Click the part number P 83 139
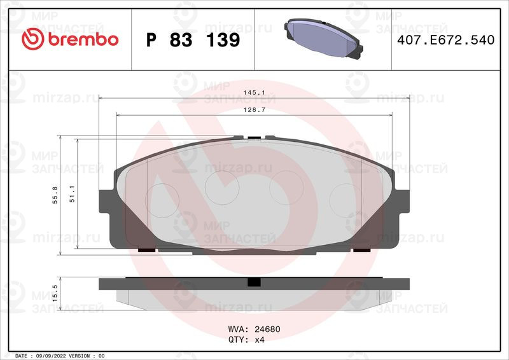[x=193, y=40]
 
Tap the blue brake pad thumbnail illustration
[x=323, y=39]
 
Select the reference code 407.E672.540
[x=446, y=40]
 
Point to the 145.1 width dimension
[x=254, y=92]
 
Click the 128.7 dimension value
[x=254, y=110]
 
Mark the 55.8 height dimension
[x=55, y=195]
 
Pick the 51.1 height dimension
[x=72, y=194]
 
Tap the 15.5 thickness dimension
[x=55, y=293]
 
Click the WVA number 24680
[x=267, y=329]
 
